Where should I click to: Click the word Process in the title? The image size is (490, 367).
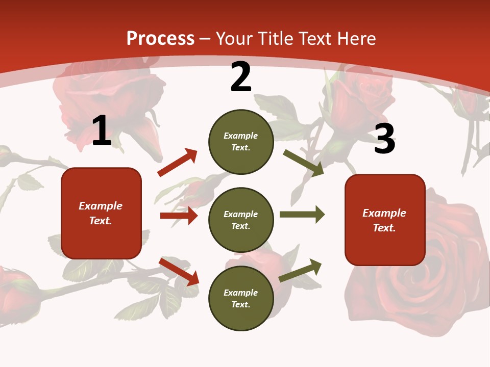(160, 39)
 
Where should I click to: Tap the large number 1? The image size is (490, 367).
(102, 131)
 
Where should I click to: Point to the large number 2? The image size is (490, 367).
(241, 77)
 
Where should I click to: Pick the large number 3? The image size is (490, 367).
(384, 139)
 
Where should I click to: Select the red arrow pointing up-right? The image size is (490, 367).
(178, 163)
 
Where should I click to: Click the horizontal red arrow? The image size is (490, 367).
(179, 216)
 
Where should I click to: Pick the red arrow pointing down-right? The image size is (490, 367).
(179, 272)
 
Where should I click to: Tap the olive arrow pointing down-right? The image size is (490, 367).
(304, 163)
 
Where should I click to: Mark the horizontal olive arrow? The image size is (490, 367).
(302, 215)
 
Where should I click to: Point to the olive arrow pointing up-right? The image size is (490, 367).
(301, 271)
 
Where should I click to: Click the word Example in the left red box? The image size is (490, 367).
(101, 206)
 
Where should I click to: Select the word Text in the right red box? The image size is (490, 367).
(384, 228)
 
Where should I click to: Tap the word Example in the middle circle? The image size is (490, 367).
(240, 214)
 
